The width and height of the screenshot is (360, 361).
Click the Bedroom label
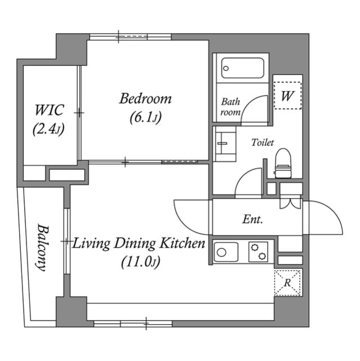coord(145,99)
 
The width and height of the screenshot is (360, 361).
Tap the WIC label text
coord(49,109)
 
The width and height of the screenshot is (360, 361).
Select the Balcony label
coord(42,247)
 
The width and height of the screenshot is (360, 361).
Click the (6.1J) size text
coord(145,118)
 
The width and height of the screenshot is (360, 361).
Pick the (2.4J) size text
coord(48,129)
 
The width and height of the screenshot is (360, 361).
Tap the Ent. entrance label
coord(253,219)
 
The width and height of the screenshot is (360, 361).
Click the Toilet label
coord(263,143)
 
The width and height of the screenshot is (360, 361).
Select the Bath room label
coord(230,107)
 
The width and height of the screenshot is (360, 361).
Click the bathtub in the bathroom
coord(243,68)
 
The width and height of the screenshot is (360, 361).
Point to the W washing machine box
coord(287,95)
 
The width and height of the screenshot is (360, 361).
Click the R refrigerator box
coord(287,282)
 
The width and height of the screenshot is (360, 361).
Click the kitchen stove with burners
coord(259,251)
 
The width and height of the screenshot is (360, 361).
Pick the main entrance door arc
coord(327,218)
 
